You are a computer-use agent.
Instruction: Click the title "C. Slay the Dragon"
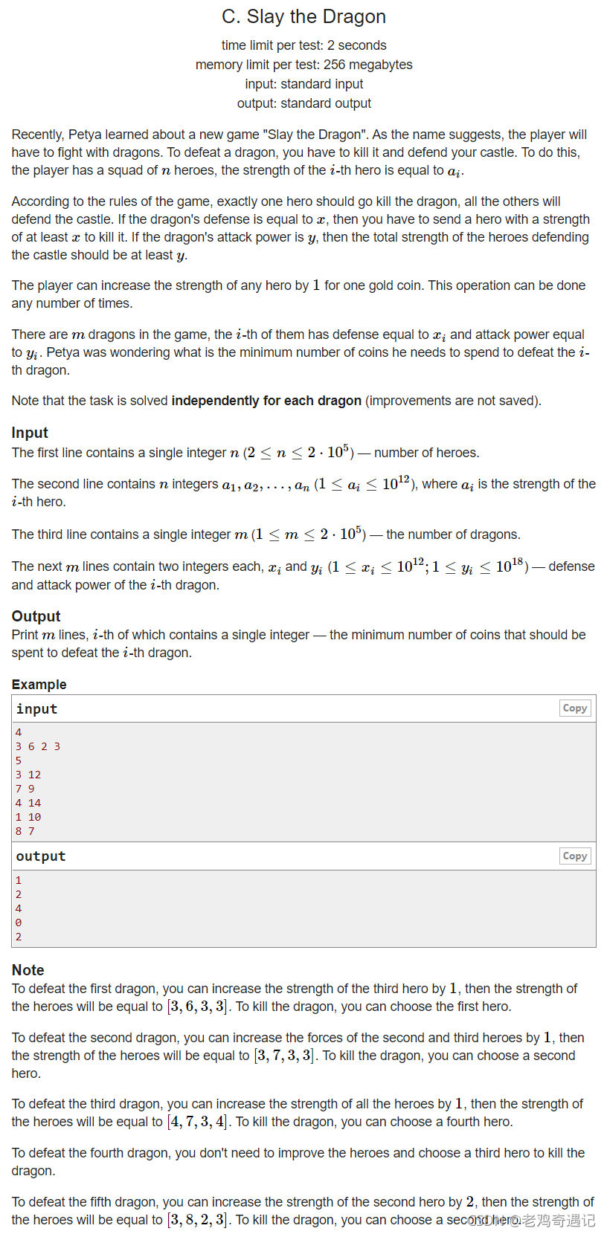(x=303, y=16)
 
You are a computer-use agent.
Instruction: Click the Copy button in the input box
(x=575, y=708)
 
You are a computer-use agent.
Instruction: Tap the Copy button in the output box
(x=575, y=856)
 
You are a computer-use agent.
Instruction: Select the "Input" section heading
(x=30, y=433)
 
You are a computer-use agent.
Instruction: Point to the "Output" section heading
(x=36, y=616)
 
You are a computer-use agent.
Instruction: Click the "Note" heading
(x=28, y=969)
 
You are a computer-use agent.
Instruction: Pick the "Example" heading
(x=39, y=684)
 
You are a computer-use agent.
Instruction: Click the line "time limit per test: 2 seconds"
(x=303, y=45)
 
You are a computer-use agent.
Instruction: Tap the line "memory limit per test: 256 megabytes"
(x=303, y=65)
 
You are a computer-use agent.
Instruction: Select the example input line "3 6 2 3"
(x=38, y=746)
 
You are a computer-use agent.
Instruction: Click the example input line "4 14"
(x=28, y=803)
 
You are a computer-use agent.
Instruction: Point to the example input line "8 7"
(x=25, y=831)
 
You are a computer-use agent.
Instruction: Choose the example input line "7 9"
(x=25, y=789)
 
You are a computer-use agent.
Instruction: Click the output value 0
(x=19, y=923)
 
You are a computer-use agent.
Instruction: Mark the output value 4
(x=19, y=908)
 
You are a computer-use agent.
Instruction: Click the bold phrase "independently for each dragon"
(x=266, y=401)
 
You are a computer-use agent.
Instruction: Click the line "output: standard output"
(x=303, y=103)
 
